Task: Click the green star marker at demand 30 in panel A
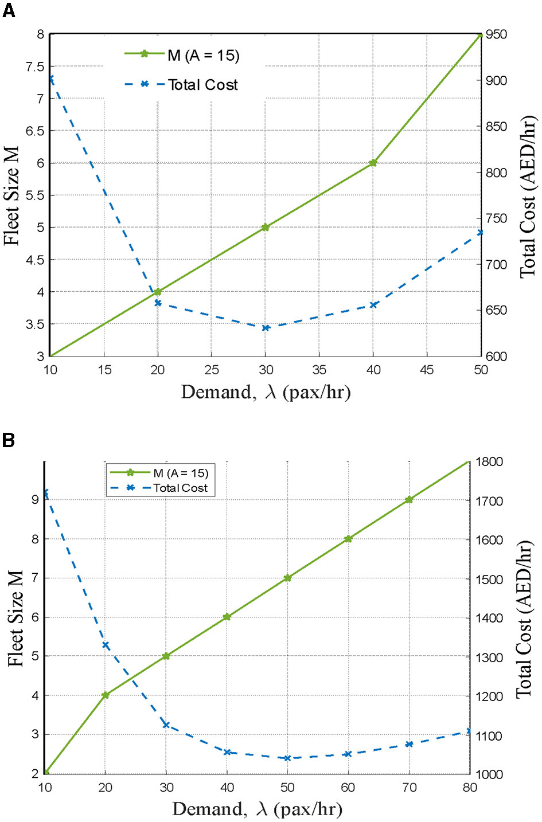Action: (x=266, y=227)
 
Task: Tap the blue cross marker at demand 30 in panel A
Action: (x=266, y=328)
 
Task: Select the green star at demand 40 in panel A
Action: (x=373, y=163)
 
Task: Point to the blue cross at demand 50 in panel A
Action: (x=480, y=232)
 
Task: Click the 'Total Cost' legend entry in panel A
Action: (x=202, y=85)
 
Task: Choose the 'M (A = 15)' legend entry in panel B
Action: (x=180, y=473)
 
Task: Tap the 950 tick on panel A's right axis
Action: (x=496, y=34)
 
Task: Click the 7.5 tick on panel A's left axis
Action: (x=35, y=66)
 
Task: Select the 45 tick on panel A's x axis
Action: (x=427, y=370)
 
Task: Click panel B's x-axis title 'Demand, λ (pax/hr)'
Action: (x=257, y=809)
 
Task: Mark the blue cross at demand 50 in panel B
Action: (x=287, y=758)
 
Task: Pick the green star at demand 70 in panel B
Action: (x=409, y=499)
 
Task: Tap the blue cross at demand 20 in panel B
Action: (x=106, y=645)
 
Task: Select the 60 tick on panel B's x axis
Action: (x=348, y=787)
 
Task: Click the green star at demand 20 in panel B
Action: (x=106, y=695)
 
